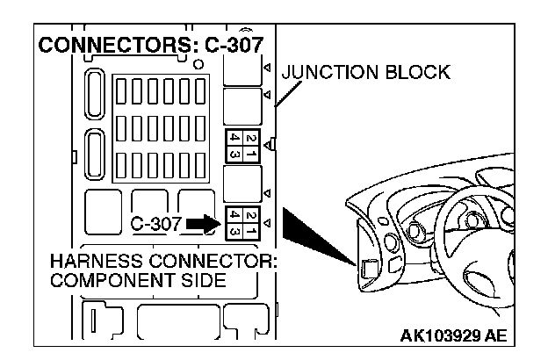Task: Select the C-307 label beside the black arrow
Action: tap(155, 224)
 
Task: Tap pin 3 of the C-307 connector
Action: tap(234, 232)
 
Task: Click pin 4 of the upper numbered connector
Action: tap(234, 138)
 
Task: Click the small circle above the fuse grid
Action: tap(199, 65)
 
